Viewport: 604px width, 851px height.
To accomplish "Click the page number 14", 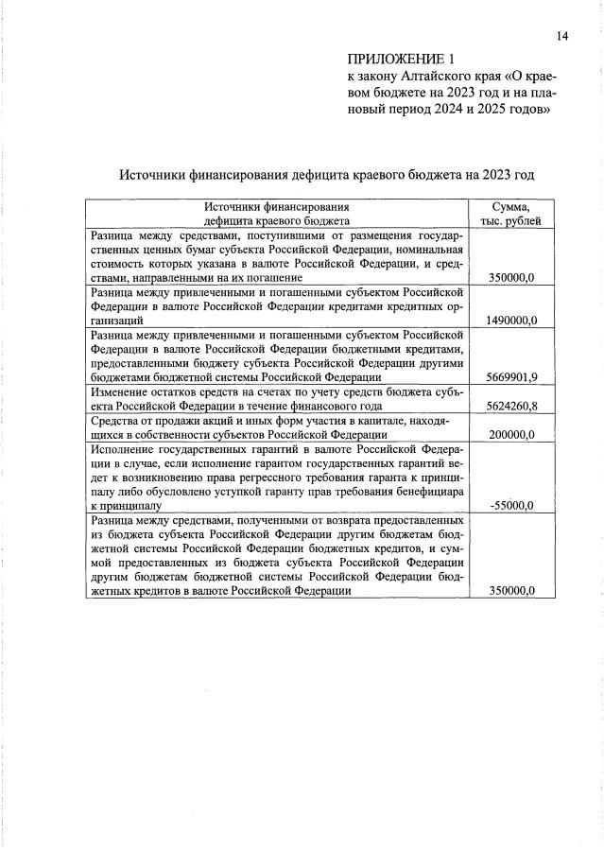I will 562,36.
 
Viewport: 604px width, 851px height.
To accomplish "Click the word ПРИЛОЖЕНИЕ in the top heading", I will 387,60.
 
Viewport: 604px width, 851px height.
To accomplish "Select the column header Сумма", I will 511,206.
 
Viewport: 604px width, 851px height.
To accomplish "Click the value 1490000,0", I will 511,321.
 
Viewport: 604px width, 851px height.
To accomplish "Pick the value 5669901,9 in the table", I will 511,377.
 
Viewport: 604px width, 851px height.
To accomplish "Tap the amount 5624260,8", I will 511,406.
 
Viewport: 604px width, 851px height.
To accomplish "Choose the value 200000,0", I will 511,434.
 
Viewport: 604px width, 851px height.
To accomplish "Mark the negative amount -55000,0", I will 514,505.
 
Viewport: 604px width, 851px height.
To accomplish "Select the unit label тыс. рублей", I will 511,220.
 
